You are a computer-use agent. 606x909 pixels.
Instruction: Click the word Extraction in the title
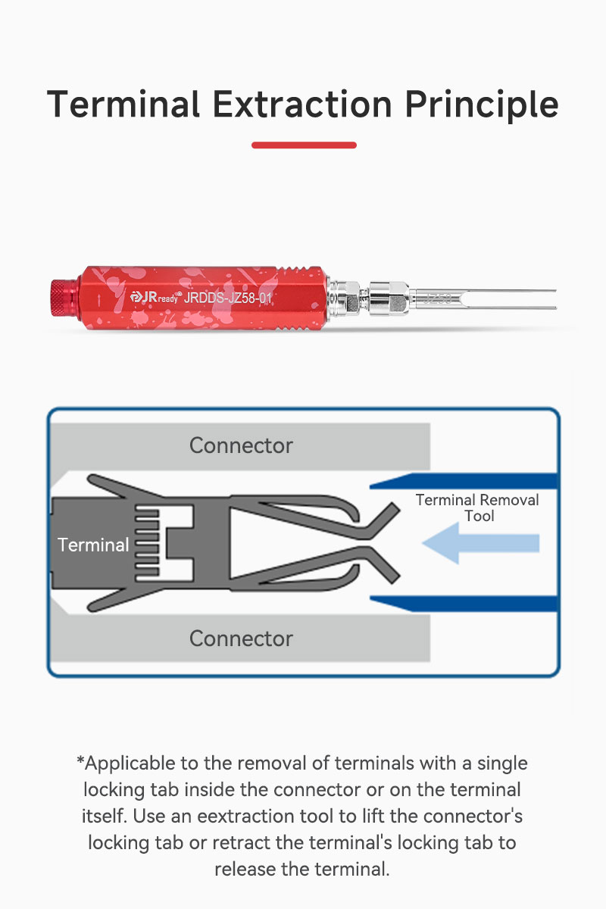point(302,105)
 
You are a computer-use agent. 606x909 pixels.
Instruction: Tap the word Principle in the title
point(482,105)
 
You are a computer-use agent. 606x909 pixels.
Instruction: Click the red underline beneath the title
point(304,145)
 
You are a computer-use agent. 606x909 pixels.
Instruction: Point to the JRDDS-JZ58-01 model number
point(228,298)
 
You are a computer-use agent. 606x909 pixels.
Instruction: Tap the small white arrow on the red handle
point(98,299)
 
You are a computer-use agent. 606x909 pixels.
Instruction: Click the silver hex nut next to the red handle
point(347,298)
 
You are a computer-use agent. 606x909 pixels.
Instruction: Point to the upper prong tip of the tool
point(554,291)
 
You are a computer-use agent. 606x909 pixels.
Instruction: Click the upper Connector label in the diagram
point(241,445)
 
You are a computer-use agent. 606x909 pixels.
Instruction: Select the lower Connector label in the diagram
point(241,639)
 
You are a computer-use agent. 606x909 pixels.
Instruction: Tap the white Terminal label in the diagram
point(93,545)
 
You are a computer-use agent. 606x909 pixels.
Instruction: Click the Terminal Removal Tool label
point(477,508)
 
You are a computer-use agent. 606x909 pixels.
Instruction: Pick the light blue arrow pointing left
point(481,543)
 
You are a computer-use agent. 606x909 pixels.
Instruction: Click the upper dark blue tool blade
point(464,481)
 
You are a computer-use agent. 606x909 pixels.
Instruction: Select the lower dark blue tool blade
point(464,604)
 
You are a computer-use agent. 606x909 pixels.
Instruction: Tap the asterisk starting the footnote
point(80,759)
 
